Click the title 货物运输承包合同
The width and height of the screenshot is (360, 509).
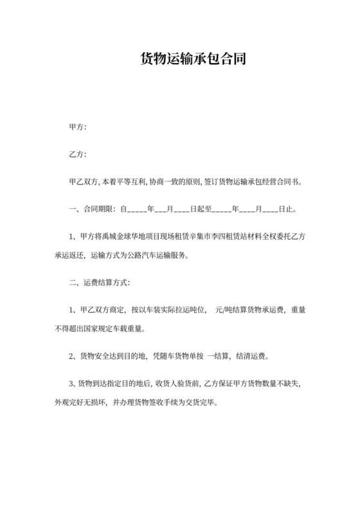179,59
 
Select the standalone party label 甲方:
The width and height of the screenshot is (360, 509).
77,127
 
